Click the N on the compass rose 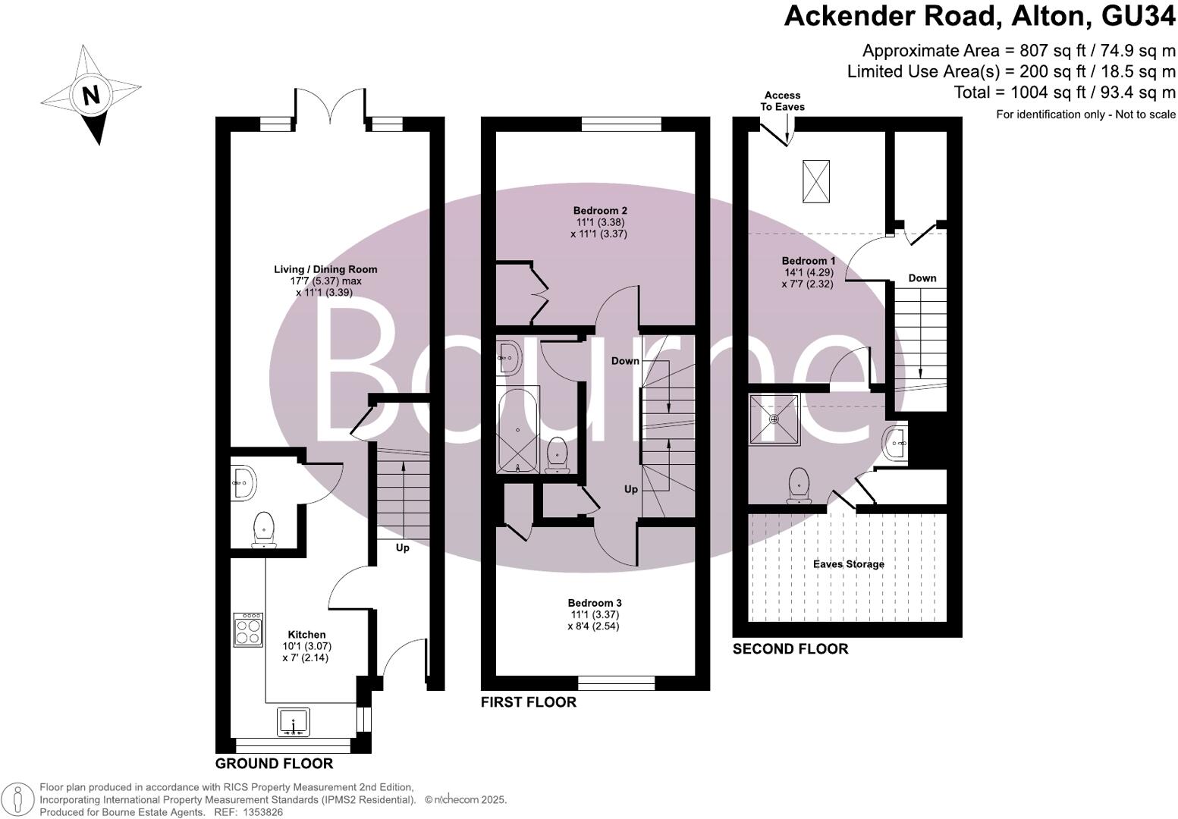(x=91, y=96)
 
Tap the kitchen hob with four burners (x=248, y=630)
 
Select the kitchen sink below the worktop (x=294, y=722)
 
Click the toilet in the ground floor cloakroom (x=263, y=529)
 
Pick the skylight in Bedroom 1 (x=816, y=182)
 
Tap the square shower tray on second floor (x=774, y=419)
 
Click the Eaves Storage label (x=848, y=564)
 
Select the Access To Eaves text (x=782, y=101)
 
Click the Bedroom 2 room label (x=600, y=210)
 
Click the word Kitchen (x=306, y=635)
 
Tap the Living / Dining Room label (x=325, y=269)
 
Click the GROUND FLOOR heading (x=274, y=763)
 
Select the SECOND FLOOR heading (x=790, y=649)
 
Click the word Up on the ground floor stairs (x=402, y=548)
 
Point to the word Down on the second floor (x=922, y=278)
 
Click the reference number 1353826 (x=262, y=812)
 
